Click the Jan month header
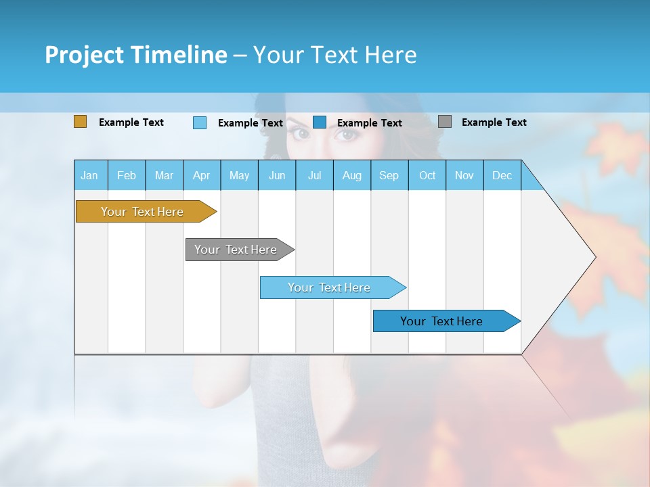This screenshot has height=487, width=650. [x=89, y=175]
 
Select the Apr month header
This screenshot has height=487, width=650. [x=201, y=175]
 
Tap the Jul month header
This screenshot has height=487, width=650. [x=314, y=175]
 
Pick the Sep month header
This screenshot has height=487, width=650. [x=389, y=175]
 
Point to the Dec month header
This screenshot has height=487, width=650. [x=502, y=175]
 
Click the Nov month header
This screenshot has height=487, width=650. [x=464, y=175]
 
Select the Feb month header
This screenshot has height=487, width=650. [x=127, y=175]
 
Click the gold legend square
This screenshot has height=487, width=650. [x=80, y=122]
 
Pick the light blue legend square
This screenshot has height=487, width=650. [x=200, y=122]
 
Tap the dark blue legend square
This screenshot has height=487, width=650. [x=320, y=122]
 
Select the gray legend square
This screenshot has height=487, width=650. [x=445, y=122]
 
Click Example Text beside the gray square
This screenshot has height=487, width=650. [x=494, y=122]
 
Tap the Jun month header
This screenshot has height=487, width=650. [x=276, y=175]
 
